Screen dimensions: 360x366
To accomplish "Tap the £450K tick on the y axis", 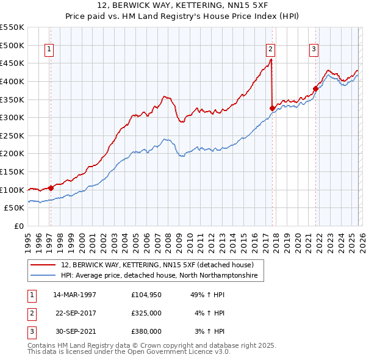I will click(x=12, y=63).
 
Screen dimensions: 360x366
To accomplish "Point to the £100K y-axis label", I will click(x=12, y=190).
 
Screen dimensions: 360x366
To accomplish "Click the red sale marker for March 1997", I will click(x=51, y=188).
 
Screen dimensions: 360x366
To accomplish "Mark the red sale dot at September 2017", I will click(x=272, y=108).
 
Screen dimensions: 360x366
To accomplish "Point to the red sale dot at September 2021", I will click(x=315, y=88).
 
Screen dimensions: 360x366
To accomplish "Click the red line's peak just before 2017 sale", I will click(x=271, y=60).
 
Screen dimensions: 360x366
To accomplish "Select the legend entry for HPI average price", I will click(x=160, y=276).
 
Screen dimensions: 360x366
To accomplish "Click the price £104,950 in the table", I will click(x=146, y=295).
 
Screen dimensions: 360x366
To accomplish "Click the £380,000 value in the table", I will click(x=146, y=331).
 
